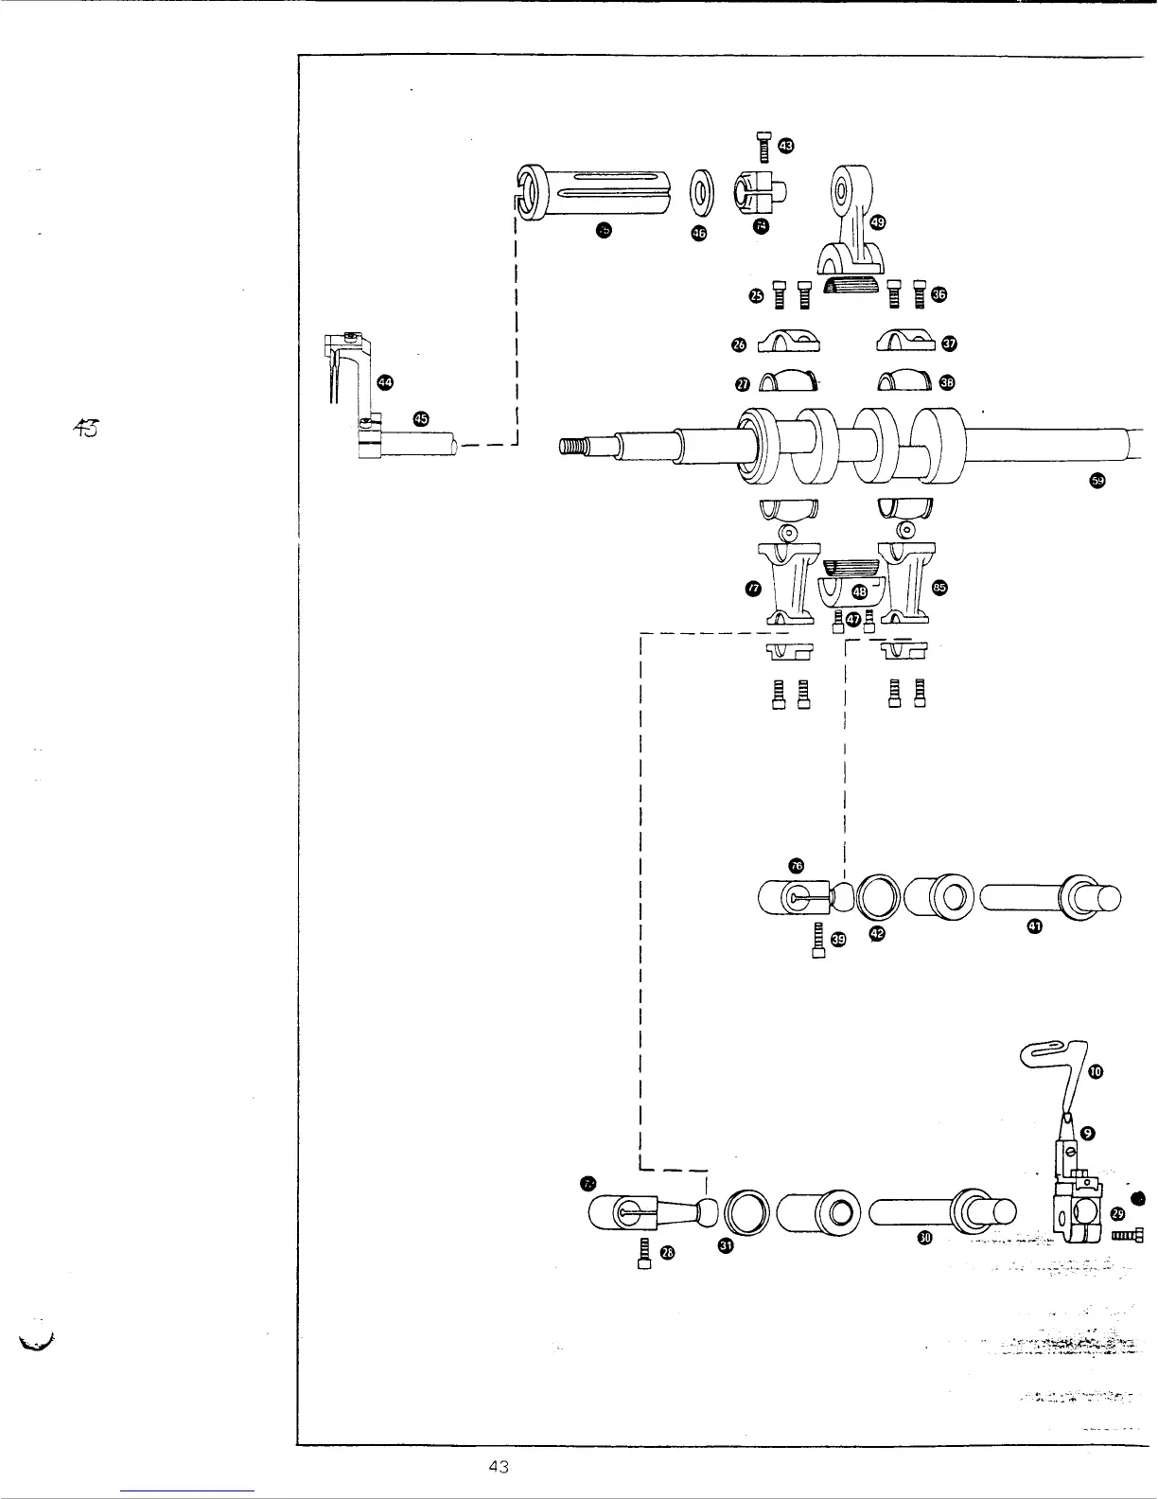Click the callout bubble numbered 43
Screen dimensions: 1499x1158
tap(786, 145)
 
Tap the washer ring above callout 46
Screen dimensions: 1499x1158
tap(701, 192)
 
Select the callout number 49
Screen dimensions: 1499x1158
tap(877, 222)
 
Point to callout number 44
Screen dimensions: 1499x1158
tap(385, 381)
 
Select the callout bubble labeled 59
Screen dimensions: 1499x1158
tap(1097, 481)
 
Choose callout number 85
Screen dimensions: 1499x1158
tap(939, 588)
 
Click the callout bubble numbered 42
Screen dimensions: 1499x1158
tap(877, 934)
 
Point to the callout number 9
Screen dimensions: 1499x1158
tap(1088, 1133)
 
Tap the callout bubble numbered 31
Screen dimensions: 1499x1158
tap(726, 1245)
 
